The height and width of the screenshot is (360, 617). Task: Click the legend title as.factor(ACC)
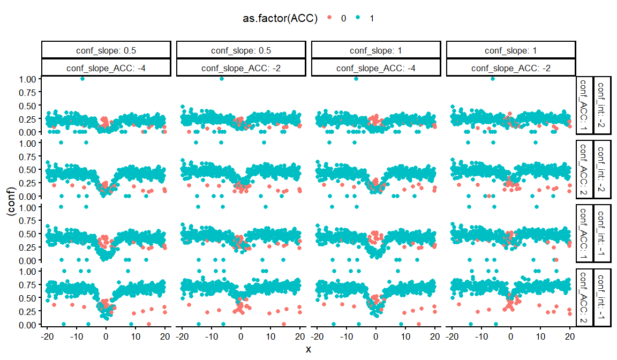[x=279, y=18]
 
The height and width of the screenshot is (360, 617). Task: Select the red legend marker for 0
[x=329, y=18]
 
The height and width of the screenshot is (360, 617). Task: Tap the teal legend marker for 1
[x=358, y=18]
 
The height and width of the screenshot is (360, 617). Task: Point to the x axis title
[x=308, y=349]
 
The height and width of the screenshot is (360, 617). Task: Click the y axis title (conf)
[x=10, y=201]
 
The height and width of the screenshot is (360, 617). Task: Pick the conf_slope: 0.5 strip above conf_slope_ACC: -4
[x=106, y=50]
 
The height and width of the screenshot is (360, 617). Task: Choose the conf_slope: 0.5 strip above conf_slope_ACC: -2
[x=241, y=50]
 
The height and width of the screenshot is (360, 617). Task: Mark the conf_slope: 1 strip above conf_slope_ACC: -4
[x=376, y=50]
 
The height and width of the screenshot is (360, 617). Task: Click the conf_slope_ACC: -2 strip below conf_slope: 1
[x=511, y=68]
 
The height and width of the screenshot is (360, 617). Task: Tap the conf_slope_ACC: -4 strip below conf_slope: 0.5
[x=106, y=68]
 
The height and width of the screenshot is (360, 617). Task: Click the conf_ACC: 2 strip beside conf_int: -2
[x=584, y=169]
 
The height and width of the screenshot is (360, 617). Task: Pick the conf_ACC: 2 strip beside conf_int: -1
[x=584, y=298]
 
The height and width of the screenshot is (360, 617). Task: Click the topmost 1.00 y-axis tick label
[x=28, y=79]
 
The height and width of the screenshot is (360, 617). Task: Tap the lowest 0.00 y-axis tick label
[x=28, y=325]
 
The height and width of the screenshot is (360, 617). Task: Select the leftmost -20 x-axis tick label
[x=47, y=336]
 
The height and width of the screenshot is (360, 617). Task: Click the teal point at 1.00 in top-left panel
[x=82, y=79]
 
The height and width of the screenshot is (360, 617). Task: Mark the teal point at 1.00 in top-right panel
[x=493, y=79]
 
